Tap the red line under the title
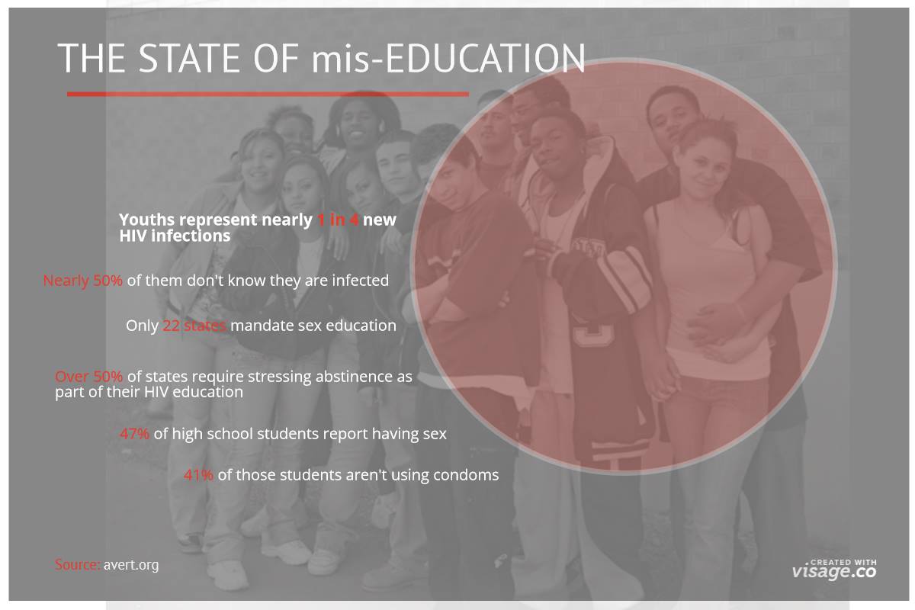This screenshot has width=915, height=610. click(x=268, y=95)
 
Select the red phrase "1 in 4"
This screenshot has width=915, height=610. click(x=338, y=220)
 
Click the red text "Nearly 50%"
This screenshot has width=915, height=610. click(x=83, y=281)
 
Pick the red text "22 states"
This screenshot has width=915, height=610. click(x=194, y=326)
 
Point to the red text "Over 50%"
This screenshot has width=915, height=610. click(x=88, y=377)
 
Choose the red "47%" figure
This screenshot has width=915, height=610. click(x=134, y=434)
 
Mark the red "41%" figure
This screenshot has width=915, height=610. click(x=198, y=475)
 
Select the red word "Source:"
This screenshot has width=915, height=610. click(x=78, y=565)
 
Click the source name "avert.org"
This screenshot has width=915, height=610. click(x=131, y=566)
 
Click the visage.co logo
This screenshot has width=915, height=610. click(x=834, y=570)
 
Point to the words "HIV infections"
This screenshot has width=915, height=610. click(x=175, y=236)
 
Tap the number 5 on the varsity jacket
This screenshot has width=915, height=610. click(x=593, y=334)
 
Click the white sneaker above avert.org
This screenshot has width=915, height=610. click(x=228, y=575)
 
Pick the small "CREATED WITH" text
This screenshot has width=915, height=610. click(x=843, y=562)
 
